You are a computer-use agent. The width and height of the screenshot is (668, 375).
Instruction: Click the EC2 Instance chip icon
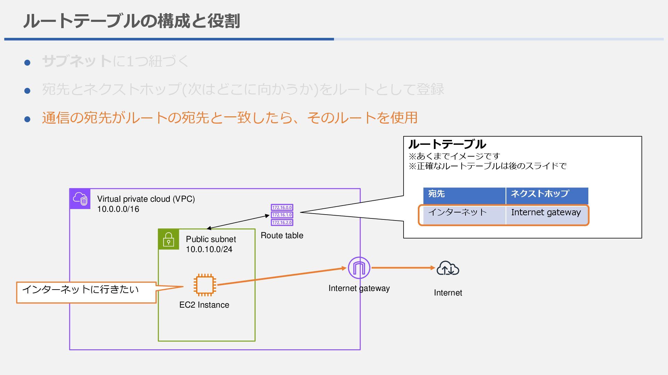205,285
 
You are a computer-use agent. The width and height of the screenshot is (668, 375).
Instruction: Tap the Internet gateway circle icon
359,268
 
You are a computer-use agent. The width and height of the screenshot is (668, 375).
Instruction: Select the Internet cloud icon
448,268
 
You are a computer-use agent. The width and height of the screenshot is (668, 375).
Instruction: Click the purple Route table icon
282,215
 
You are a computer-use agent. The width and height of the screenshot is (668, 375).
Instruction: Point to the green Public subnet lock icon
169,239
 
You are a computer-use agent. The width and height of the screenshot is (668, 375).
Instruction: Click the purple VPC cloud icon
80,199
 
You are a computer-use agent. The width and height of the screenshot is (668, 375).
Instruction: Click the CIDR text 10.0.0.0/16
118,209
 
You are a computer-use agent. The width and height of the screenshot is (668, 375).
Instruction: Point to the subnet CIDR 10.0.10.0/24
209,249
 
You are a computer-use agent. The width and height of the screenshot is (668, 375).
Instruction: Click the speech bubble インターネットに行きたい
86,292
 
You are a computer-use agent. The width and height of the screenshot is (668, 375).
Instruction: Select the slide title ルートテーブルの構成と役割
132,21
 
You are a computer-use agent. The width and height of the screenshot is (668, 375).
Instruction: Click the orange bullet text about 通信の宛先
230,118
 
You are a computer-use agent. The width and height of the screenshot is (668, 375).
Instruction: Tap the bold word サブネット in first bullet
77,61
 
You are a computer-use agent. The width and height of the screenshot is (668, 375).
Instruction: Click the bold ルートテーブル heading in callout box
447,144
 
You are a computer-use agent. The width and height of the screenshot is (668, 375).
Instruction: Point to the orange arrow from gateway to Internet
403,268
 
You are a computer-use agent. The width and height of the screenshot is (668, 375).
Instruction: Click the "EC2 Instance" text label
204,305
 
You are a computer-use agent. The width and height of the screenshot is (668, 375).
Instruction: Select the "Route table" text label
282,235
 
